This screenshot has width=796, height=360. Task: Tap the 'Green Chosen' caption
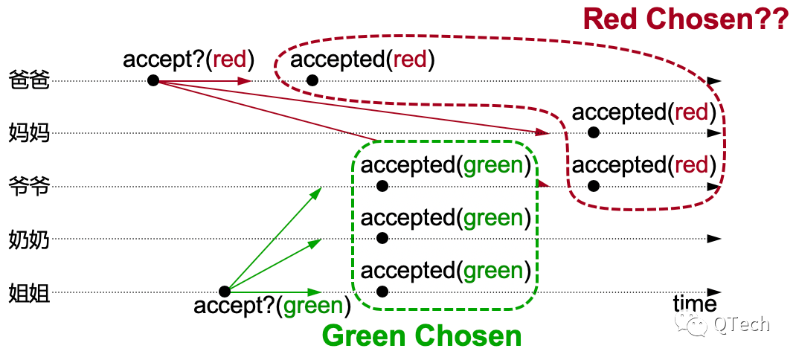(x=422, y=335)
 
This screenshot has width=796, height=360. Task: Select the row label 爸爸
(x=30, y=81)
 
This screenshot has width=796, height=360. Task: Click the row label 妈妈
(x=30, y=134)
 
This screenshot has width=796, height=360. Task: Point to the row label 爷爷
(x=30, y=187)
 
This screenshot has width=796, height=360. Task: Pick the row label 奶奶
(x=30, y=240)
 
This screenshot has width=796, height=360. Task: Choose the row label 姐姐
(x=30, y=293)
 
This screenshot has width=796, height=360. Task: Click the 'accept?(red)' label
(x=188, y=60)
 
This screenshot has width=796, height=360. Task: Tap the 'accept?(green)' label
(x=272, y=306)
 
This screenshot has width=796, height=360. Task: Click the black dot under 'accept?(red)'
(x=153, y=80)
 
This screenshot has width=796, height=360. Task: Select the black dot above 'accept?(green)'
(x=225, y=292)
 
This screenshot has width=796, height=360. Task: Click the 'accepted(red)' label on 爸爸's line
(x=362, y=60)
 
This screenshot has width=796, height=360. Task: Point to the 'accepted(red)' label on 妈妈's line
(x=644, y=113)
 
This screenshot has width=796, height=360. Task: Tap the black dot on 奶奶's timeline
(x=383, y=238)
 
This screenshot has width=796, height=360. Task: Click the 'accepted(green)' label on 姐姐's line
(x=446, y=271)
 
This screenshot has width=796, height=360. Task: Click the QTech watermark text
(x=742, y=324)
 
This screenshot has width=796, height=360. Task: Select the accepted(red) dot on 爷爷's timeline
(x=594, y=186)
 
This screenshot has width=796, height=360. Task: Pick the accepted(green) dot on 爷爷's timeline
(x=383, y=186)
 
